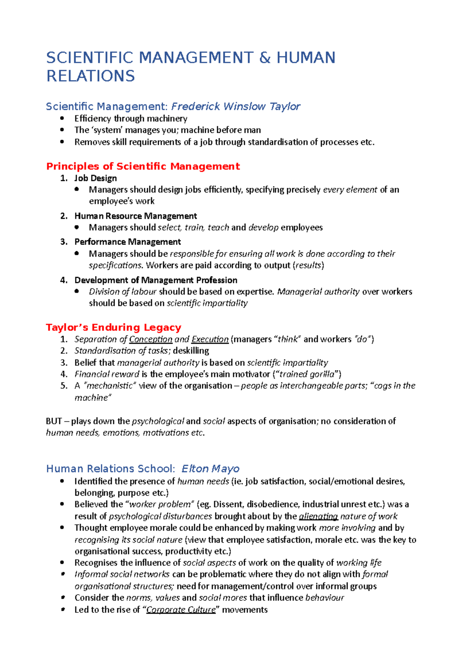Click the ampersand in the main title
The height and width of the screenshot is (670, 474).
pyautogui.click(x=265, y=58)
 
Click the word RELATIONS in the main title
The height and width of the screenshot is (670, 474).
pyautogui.click(x=90, y=76)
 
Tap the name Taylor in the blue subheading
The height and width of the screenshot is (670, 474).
pyautogui.click(x=285, y=107)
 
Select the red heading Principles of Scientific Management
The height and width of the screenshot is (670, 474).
pyautogui.click(x=143, y=166)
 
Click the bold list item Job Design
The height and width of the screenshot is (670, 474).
pyautogui.click(x=96, y=178)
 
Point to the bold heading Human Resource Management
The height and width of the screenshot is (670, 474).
pyautogui.click(x=135, y=216)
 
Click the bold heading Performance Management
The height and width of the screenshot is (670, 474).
pyautogui.click(x=128, y=241)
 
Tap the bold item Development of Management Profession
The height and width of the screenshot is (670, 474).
pyautogui.click(x=156, y=280)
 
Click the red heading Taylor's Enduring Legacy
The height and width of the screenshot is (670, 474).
pyautogui.click(x=113, y=328)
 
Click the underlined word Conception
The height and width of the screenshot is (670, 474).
pyautogui.click(x=150, y=339)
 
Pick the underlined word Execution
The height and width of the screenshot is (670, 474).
pyautogui.click(x=210, y=339)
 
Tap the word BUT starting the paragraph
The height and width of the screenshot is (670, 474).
pyautogui.click(x=54, y=421)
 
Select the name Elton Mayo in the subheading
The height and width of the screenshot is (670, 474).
pyautogui.click(x=210, y=469)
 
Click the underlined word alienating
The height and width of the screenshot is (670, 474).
pyautogui.click(x=318, y=516)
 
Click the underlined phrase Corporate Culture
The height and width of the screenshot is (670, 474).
pyautogui.click(x=181, y=610)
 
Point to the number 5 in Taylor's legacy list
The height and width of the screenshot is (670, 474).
pyautogui.click(x=64, y=386)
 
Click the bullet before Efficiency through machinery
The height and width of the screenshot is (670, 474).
pyautogui.click(x=62, y=118)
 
